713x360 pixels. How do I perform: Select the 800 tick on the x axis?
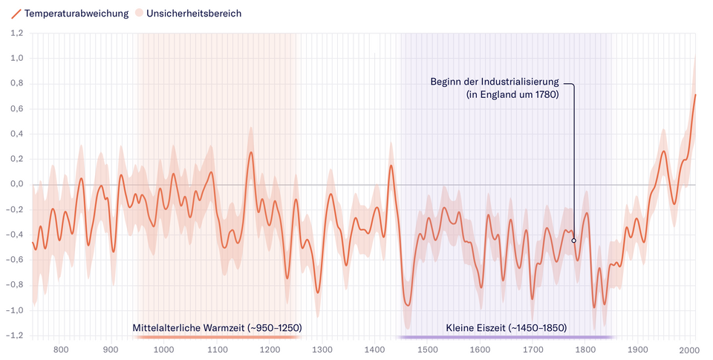coord(61,350)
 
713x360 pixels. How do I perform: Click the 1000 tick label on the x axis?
coord(163,350)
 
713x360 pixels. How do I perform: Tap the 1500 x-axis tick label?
coord(426,350)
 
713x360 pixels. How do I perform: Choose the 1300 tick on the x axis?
coord(321,350)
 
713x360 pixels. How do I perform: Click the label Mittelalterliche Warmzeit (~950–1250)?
coord(217,327)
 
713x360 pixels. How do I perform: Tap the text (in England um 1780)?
coord(512,95)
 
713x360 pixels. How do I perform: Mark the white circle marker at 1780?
coord(573,240)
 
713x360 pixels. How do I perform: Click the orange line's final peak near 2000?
coord(695,95)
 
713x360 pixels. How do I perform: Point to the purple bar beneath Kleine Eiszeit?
coord(507,337)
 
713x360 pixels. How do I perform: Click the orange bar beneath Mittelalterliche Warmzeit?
coord(217,337)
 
